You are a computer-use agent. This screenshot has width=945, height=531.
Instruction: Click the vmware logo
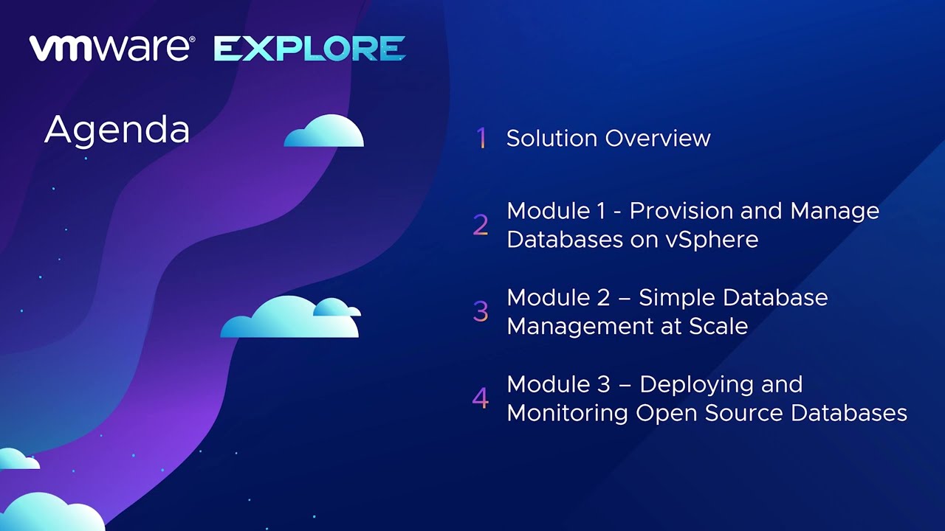point(111,48)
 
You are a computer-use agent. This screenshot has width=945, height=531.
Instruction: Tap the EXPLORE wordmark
point(310,49)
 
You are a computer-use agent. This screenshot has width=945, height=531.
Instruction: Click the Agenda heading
point(117,131)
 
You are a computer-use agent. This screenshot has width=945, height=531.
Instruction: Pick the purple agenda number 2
point(481,225)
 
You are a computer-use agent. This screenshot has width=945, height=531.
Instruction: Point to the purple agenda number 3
point(481,311)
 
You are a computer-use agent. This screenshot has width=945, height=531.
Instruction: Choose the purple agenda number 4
point(481,398)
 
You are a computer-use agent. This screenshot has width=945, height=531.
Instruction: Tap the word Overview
point(658,138)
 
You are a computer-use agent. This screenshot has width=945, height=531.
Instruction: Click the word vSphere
point(712,240)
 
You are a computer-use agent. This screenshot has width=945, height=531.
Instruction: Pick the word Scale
point(718,326)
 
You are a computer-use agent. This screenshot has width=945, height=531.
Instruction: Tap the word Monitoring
point(568,414)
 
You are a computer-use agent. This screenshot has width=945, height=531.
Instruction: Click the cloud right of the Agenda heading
point(323,131)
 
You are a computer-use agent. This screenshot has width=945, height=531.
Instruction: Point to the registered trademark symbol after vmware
point(192,39)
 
